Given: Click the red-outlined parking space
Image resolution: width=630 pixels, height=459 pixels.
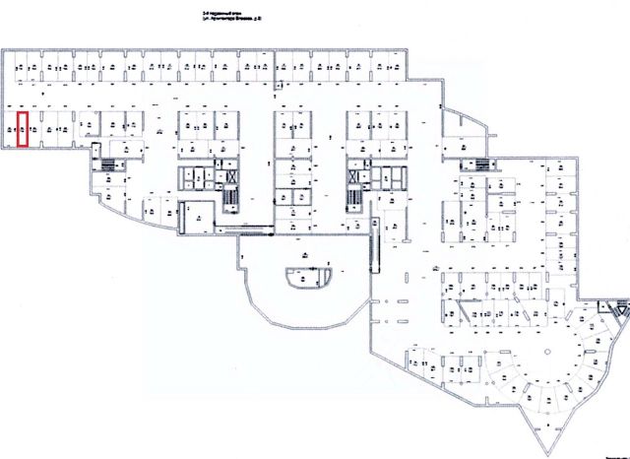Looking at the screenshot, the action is [22, 130].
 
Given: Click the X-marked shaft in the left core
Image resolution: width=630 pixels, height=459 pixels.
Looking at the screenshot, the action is [232, 178].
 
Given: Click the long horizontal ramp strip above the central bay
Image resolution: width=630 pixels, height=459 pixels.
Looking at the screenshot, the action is [246, 231].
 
